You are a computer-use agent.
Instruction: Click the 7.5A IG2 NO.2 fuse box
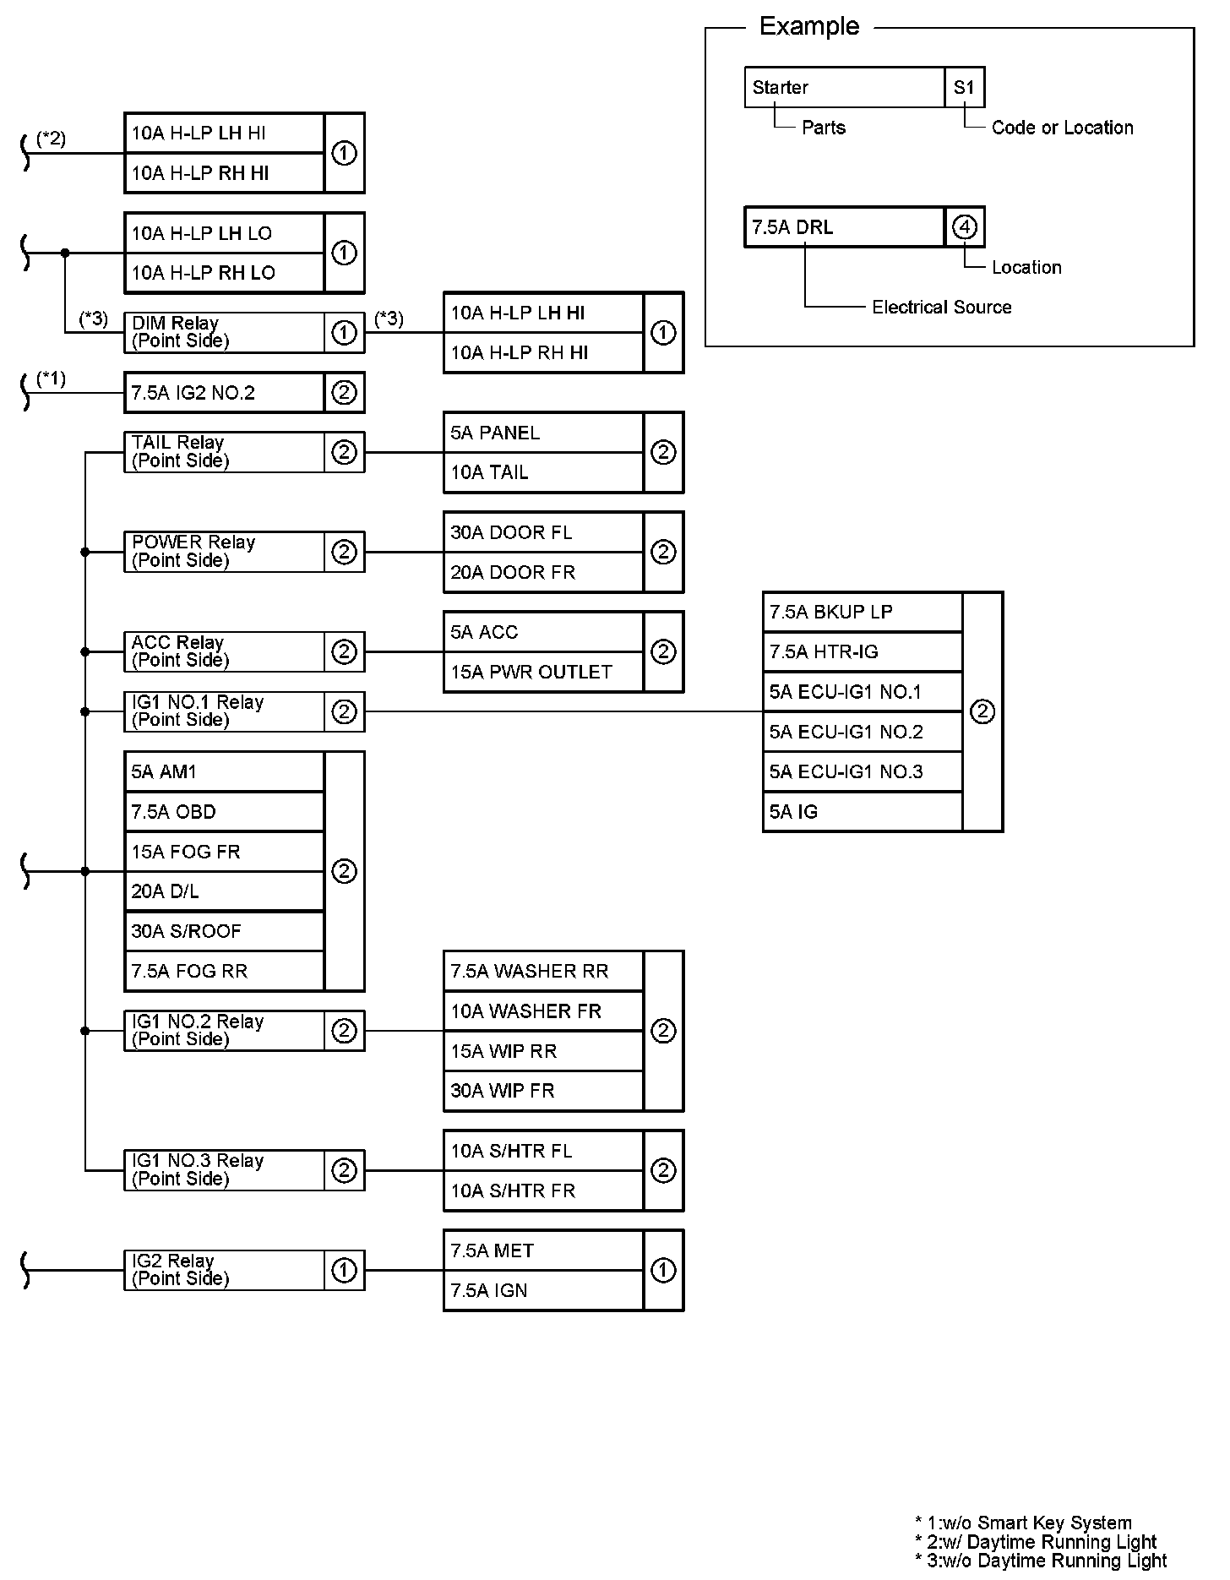(224, 393)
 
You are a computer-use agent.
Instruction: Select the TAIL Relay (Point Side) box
(224, 452)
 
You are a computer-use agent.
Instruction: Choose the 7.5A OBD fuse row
(224, 812)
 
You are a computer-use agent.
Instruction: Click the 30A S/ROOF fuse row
(224, 931)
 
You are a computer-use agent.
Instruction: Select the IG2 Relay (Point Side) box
(224, 1270)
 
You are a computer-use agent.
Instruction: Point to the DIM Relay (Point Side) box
(224, 332)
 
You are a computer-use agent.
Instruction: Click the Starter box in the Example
(843, 87)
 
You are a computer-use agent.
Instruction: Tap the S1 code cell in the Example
(964, 87)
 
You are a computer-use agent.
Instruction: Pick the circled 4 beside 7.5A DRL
(964, 227)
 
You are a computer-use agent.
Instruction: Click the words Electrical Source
(941, 308)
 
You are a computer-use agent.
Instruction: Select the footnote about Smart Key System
(1023, 1523)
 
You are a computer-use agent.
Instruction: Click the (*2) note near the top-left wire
(52, 139)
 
